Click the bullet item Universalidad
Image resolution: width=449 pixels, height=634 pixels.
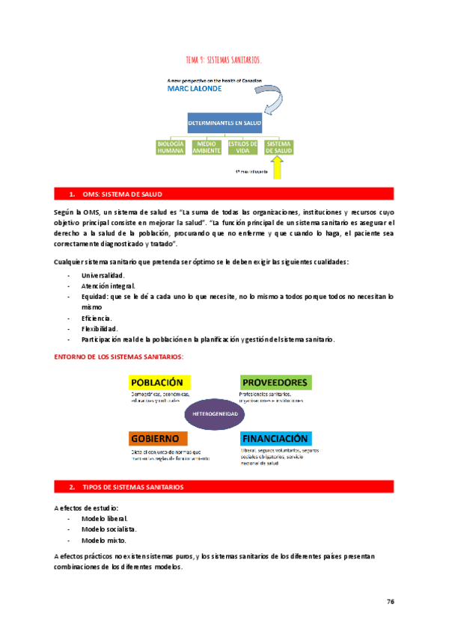coord(103,275)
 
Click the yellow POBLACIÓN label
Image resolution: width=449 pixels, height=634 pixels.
coord(157,382)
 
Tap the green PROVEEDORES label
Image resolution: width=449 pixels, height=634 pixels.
coord(275,382)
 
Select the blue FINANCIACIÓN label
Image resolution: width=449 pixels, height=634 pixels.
coord(275,437)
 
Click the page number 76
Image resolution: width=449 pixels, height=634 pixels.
coord(391,600)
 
